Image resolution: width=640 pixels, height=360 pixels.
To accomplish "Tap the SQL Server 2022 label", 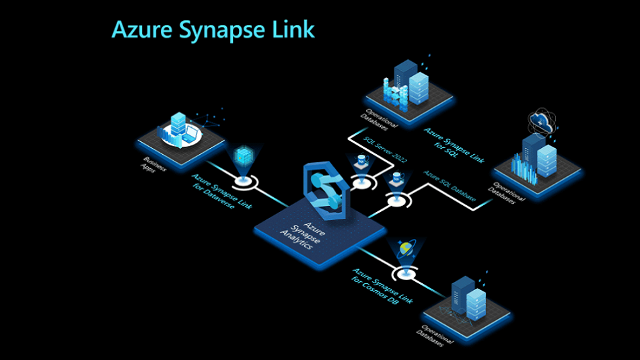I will pos(381,154).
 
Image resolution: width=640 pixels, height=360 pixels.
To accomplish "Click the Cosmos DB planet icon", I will pos(406,249).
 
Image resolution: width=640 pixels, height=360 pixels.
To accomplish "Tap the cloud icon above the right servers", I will pos(542,121).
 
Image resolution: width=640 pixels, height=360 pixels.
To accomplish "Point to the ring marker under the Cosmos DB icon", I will pos(406,273).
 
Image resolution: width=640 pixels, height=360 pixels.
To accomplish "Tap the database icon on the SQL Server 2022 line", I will pos(361,162).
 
